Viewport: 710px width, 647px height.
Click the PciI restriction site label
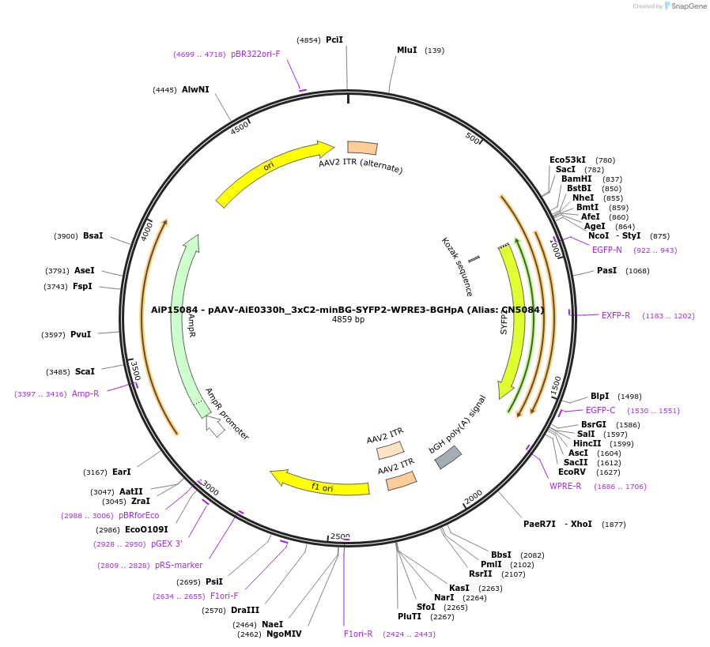click(x=334, y=39)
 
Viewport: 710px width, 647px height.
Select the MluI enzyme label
click(x=406, y=50)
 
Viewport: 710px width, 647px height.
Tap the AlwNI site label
click(x=195, y=89)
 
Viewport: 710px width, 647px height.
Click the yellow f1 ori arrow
click(x=320, y=483)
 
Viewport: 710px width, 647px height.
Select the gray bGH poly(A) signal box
click(x=448, y=457)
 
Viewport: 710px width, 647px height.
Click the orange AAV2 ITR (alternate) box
click(x=362, y=148)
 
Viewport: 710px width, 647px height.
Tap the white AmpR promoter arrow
click(x=214, y=426)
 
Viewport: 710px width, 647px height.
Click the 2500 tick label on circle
click(x=340, y=536)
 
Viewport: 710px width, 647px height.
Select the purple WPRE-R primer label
click(x=565, y=486)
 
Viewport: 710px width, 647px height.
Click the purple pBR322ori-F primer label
click(x=255, y=54)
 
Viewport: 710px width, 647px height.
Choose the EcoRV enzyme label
click(x=572, y=472)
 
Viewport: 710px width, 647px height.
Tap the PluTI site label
click(x=410, y=616)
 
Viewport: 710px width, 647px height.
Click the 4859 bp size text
click(x=348, y=320)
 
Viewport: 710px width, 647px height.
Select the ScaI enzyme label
click(x=85, y=371)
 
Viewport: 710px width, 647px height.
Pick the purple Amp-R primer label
click(x=85, y=393)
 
